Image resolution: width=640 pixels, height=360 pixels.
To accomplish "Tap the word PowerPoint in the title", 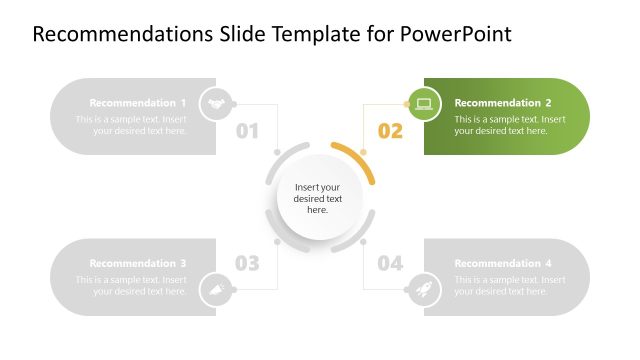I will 456,34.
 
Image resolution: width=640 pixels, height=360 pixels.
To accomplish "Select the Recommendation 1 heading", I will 138,103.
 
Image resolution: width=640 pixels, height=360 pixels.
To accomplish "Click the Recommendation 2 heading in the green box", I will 503,103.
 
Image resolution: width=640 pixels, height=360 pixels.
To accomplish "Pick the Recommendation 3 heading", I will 138,263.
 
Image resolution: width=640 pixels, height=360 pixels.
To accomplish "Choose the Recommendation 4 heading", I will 503,263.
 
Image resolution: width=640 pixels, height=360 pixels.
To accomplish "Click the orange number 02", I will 390,131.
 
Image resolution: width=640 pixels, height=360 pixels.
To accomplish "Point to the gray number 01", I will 247,131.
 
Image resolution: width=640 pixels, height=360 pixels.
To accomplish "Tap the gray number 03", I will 247,264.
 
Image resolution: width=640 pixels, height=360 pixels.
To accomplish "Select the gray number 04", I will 390,264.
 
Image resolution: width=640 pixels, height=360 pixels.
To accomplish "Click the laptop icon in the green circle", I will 423,103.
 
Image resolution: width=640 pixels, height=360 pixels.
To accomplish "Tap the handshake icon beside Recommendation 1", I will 216,103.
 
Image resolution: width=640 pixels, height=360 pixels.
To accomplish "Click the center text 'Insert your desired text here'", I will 318,198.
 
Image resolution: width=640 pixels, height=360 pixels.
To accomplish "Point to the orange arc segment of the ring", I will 358,160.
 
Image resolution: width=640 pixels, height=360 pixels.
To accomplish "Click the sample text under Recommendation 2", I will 510,125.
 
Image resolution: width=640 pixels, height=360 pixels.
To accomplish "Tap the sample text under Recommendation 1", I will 131,125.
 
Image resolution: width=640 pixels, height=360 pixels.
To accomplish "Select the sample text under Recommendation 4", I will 510,285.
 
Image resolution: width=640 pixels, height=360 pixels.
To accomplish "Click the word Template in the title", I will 295,34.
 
